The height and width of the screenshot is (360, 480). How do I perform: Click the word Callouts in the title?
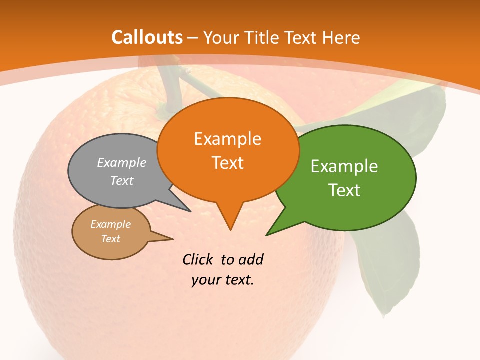click(x=147, y=37)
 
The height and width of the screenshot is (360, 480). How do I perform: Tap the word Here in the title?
click(x=341, y=37)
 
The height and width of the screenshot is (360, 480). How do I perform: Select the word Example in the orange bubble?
click(x=227, y=139)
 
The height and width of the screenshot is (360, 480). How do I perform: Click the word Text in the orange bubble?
click(x=227, y=163)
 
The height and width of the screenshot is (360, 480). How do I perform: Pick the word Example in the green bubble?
click(x=344, y=166)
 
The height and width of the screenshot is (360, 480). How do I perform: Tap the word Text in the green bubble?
click(x=344, y=190)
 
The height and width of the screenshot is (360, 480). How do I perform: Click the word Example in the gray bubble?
click(x=122, y=163)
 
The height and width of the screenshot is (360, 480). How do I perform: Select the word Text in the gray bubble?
click(x=122, y=181)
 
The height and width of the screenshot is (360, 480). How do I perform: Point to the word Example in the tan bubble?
click(x=110, y=224)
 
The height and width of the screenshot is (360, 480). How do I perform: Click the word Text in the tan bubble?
click(x=110, y=239)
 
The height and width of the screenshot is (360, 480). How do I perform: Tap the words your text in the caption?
click(x=223, y=280)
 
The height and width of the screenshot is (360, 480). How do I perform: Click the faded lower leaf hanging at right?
click(x=392, y=265)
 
